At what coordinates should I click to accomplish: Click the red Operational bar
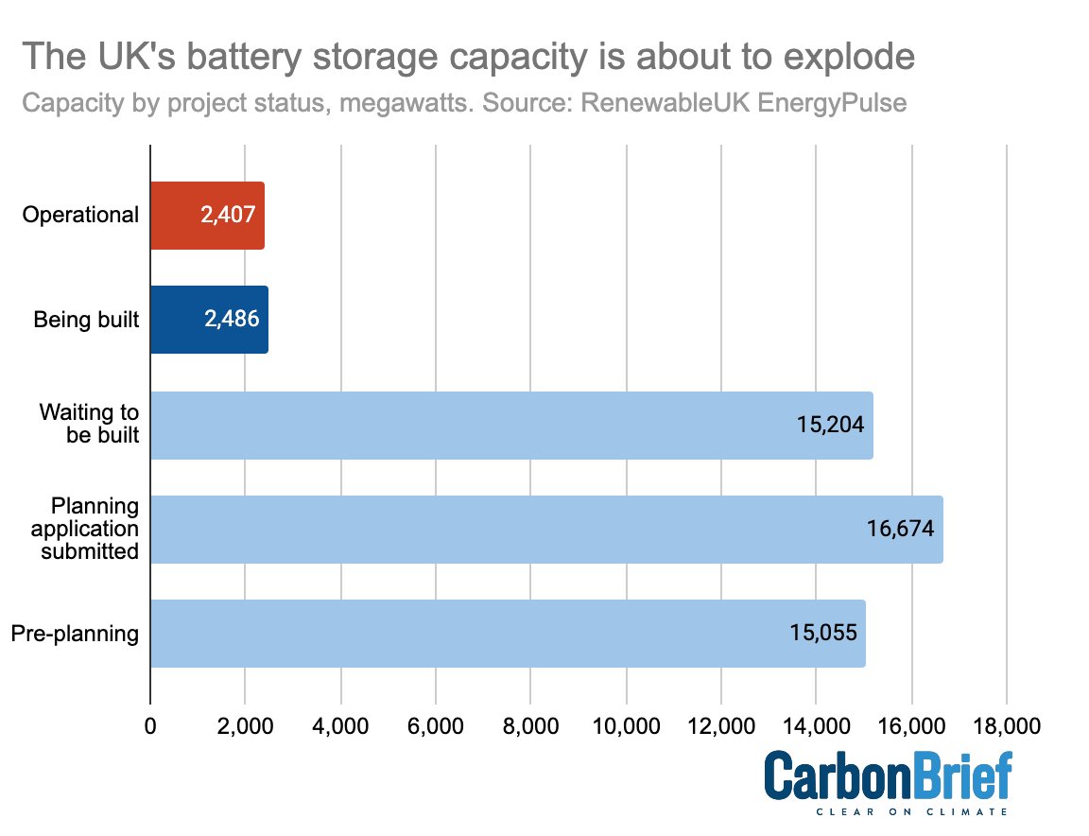click(207, 216)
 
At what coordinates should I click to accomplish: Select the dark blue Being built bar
click(209, 320)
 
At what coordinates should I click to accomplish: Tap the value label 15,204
click(830, 425)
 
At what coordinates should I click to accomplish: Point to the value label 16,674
click(900, 529)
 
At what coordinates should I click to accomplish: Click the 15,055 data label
click(823, 633)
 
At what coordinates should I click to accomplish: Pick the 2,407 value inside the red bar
click(227, 216)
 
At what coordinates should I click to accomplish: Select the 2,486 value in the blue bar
click(231, 320)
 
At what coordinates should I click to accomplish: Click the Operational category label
click(80, 216)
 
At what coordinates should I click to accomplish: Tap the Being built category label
click(86, 320)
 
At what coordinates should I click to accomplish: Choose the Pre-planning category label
click(75, 633)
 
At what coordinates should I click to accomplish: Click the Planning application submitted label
click(89, 529)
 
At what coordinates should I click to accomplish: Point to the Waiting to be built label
click(89, 425)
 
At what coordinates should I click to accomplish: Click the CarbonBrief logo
click(888, 777)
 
